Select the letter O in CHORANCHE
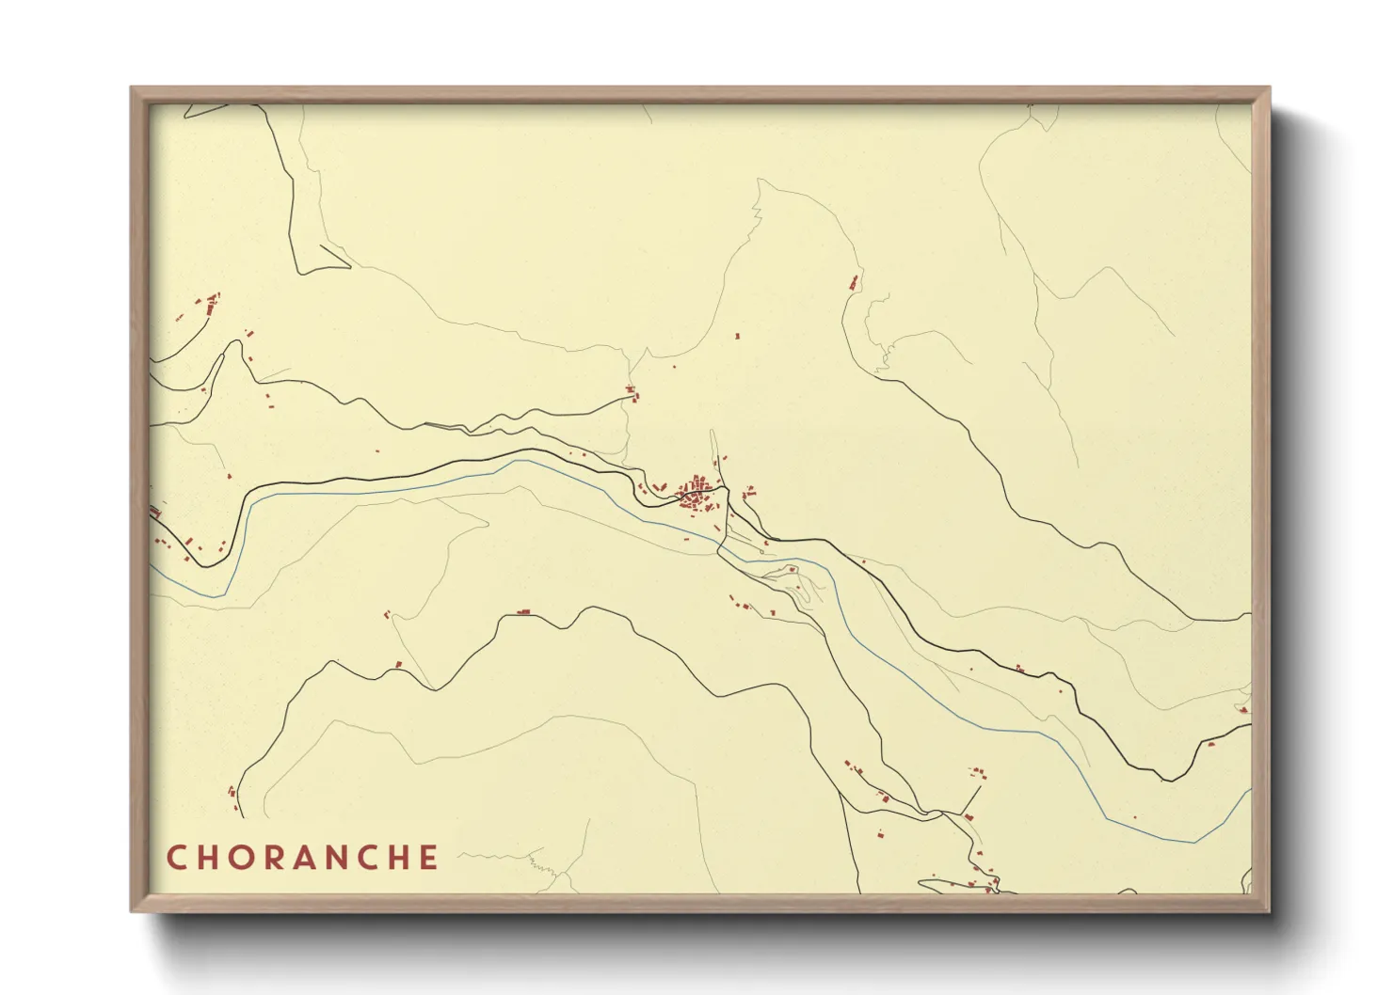tap(242, 858)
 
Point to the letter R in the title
tap(274, 858)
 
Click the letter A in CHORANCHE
tap(305, 858)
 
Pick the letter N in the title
tap(338, 858)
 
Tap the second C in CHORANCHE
tap(370, 858)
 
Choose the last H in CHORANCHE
tap(401, 858)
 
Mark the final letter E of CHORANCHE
tap(430, 858)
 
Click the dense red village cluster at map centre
tap(697, 493)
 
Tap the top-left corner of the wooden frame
tap(133, 89)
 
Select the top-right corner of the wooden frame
tap(1268, 89)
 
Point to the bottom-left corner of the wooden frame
tap(133, 909)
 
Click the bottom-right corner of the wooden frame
tap(1268, 909)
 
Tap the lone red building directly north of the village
tap(737, 335)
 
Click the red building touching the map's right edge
tap(1245, 709)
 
